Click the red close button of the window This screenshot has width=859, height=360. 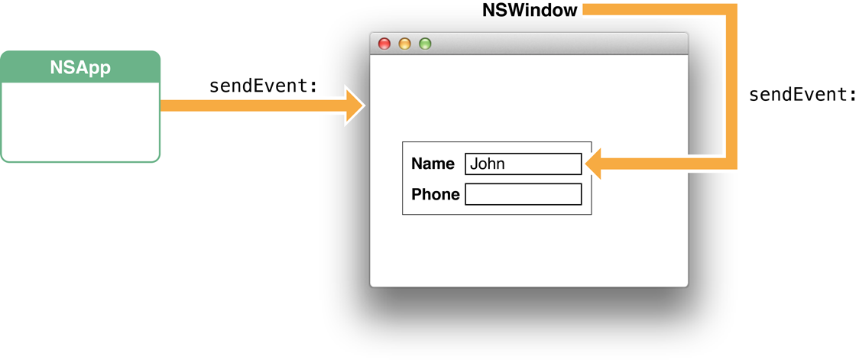[x=384, y=44]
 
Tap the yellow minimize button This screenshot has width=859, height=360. [x=405, y=44]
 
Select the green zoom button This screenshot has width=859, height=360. [x=425, y=44]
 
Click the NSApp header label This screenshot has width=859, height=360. [x=80, y=67]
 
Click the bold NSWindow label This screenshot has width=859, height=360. [x=530, y=11]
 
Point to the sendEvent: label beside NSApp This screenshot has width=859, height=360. [x=263, y=86]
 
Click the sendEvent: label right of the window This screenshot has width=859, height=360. [x=802, y=95]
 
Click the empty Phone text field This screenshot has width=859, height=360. [x=524, y=194]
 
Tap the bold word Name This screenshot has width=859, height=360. [x=433, y=164]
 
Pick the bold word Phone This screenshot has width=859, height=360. [x=436, y=194]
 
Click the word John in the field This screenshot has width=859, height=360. [x=488, y=164]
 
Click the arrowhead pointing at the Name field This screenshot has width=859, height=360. [x=594, y=163]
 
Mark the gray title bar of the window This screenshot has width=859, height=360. [x=550, y=44]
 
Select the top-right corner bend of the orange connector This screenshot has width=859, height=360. [x=731, y=10]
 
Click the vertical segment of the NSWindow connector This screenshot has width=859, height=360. [x=731, y=84]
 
